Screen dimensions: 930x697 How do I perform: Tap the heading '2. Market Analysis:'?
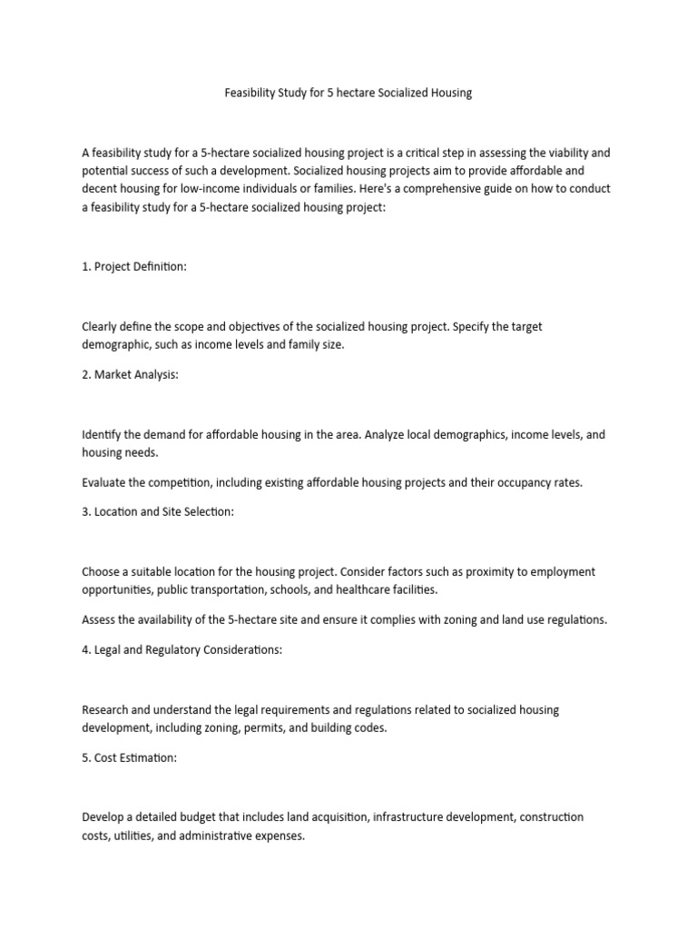click(x=130, y=375)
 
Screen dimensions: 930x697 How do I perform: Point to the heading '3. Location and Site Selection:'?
click(x=158, y=511)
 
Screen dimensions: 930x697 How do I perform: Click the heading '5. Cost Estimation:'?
click(x=129, y=757)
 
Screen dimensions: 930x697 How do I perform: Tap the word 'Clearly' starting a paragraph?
click(x=101, y=326)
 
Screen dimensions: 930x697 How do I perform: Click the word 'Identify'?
click(x=102, y=435)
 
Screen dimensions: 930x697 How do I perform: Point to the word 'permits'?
click(x=295, y=727)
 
